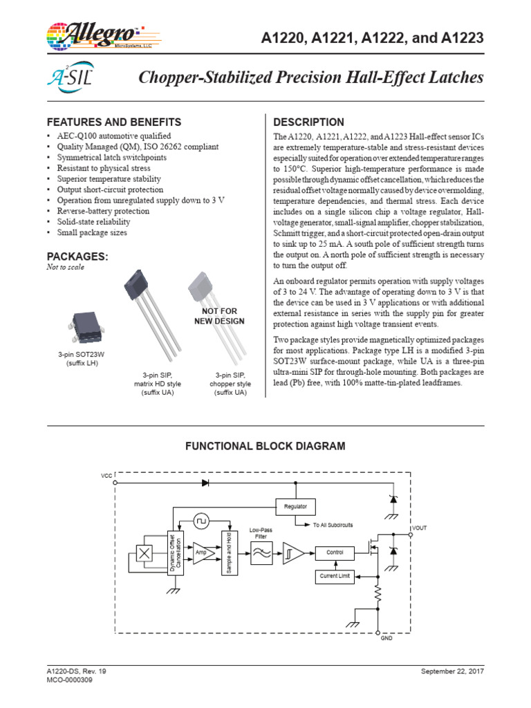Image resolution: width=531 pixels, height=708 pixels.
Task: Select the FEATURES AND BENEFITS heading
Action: [114, 122]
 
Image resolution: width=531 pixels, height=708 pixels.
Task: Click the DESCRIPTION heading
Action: [309, 122]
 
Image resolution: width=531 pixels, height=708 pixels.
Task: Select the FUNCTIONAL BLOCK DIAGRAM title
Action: [265, 447]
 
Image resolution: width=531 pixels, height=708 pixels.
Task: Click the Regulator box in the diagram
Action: [295, 507]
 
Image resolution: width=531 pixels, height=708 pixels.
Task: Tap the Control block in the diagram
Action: [335, 552]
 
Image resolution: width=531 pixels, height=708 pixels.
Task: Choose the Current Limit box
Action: [335, 576]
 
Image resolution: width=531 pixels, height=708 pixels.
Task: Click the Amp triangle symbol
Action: [201, 553]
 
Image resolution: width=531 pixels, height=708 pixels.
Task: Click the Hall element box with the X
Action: [145, 553]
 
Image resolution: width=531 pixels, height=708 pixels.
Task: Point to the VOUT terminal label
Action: [420, 528]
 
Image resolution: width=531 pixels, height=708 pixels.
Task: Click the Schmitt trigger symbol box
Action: [291, 553]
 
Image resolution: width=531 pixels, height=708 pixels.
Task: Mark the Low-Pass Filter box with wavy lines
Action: [261, 553]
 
